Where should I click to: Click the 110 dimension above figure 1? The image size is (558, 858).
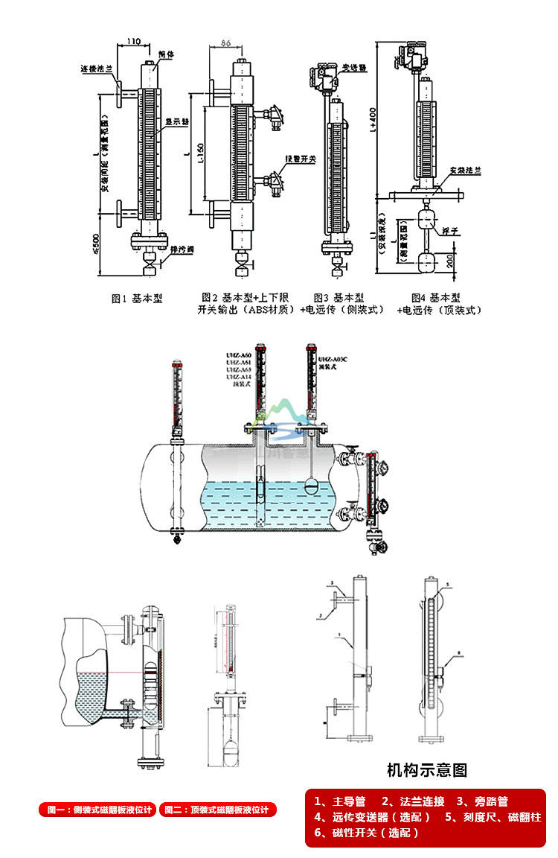point(134,40)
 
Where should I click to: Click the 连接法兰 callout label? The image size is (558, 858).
point(96,69)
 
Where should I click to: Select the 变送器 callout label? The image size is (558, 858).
point(355,68)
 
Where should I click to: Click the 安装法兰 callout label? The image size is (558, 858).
point(467,171)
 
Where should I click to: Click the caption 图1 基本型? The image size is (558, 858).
point(137,299)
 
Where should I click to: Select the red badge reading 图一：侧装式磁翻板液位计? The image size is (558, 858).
point(97,810)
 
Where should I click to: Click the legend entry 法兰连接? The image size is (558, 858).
point(413,802)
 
